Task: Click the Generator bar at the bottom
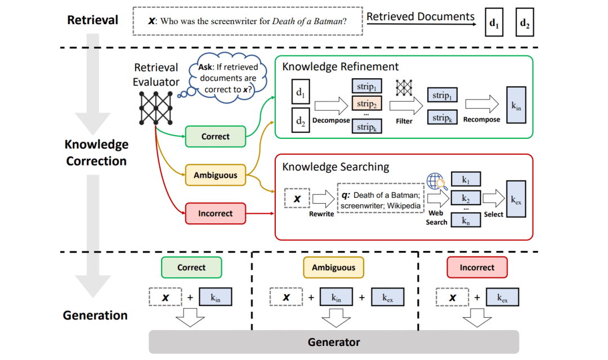[x=333, y=341]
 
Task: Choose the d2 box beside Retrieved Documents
[x=525, y=24]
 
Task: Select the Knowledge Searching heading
[x=335, y=166]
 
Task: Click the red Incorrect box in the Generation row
[x=477, y=268]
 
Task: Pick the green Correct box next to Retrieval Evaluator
[x=215, y=136]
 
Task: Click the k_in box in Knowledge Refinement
[x=516, y=105]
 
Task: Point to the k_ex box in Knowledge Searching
[x=516, y=199]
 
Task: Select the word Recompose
[x=481, y=120]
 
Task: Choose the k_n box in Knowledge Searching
[x=466, y=220]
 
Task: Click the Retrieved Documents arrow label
[x=421, y=17]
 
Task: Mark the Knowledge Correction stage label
[x=96, y=152]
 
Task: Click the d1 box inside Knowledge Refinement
[x=301, y=93]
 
